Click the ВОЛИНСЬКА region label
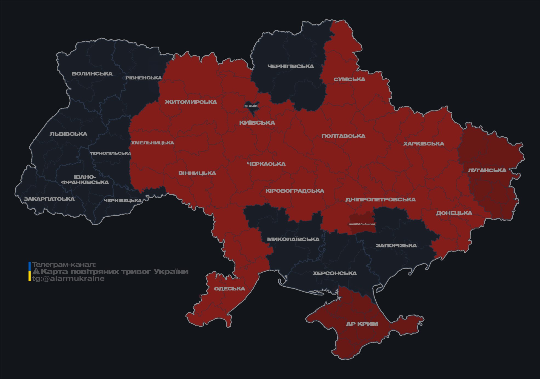pyautogui.click(x=92, y=74)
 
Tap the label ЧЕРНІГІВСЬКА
pyautogui.click(x=290, y=66)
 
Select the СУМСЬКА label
pyautogui.click(x=349, y=79)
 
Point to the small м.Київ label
pyautogui.click(x=251, y=106)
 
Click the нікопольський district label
pyautogui.click(x=362, y=224)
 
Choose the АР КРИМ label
pyautogui.click(x=362, y=324)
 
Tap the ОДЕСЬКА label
pyautogui.click(x=229, y=289)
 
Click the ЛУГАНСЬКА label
pyautogui.click(x=487, y=170)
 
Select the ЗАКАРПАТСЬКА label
pyautogui.click(x=49, y=199)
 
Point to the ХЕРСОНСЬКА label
pyautogui.click(x=335, y=273)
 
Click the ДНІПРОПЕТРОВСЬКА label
pyautogui.click(x=380, y=200)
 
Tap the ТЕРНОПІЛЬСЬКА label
pyautogui.click(x=110, y=153)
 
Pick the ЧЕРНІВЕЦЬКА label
pyautogui.click(x=122, y=201)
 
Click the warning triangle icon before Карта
pyautogui.click(x=36, y=272)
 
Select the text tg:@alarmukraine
pyautogui.click(x=68, y=279)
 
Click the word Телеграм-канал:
pyautogui.click(x=64, y=265)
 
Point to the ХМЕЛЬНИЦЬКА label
pyautogui.click(x=152, y=143)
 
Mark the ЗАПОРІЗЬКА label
pyautogui.click(x=396, y=246)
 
